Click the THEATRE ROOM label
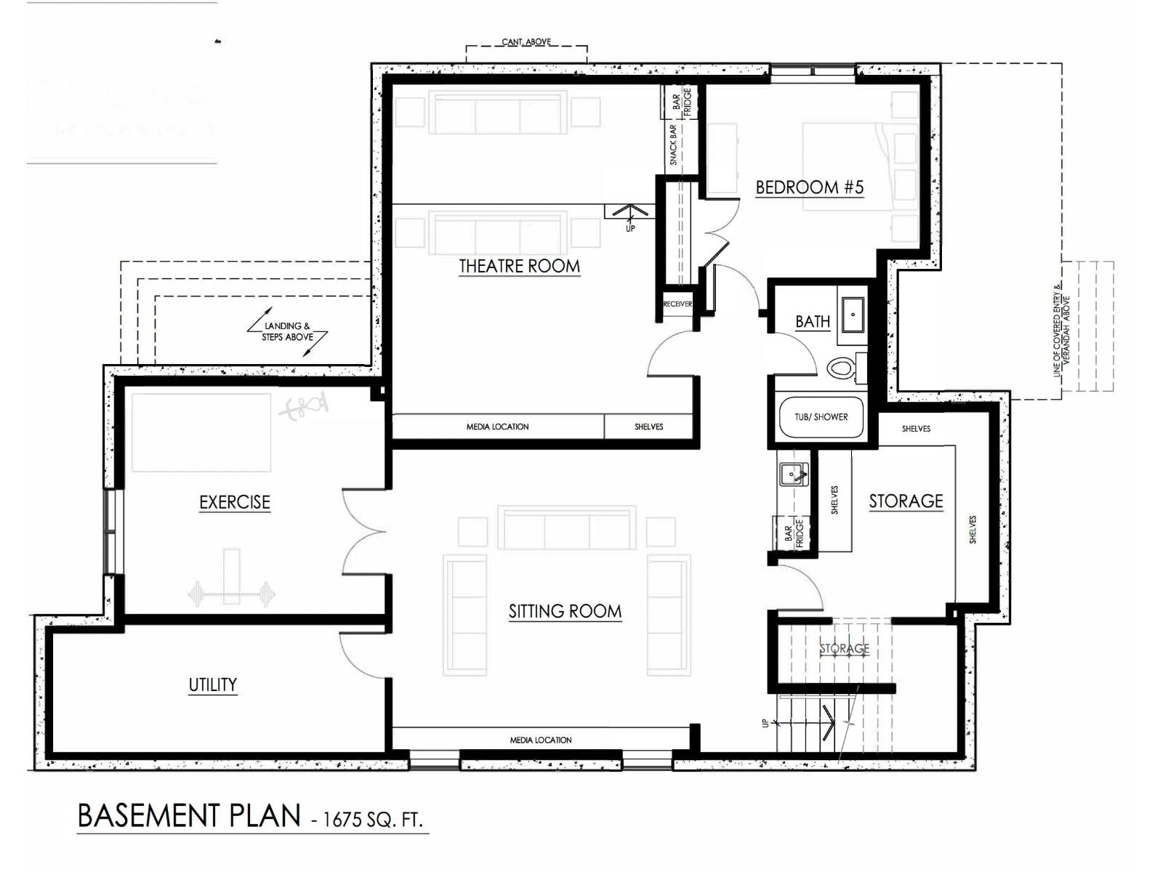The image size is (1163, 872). click(519, 266)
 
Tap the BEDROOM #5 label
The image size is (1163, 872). click(809, 187)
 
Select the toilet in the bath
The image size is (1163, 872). click(842, 368)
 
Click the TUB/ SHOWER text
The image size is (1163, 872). click(821, 417)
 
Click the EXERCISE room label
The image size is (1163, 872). click(235, 502)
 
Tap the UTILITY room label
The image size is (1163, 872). click(213, 685)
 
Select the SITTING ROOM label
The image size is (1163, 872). click(565, 612)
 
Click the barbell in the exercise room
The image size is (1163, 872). click(231, 594)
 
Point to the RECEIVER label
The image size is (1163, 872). click(677, 304)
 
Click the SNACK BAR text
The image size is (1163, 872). click(674, 145)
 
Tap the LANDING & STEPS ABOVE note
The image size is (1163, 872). click(288, 331)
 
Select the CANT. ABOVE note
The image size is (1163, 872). click(526, 42)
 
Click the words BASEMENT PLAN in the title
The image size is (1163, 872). click(188, 816)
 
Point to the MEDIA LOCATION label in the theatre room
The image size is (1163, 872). click(497, 427)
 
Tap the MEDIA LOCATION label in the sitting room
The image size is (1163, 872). click(541, 740)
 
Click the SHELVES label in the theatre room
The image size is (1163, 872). click(648, 427)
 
